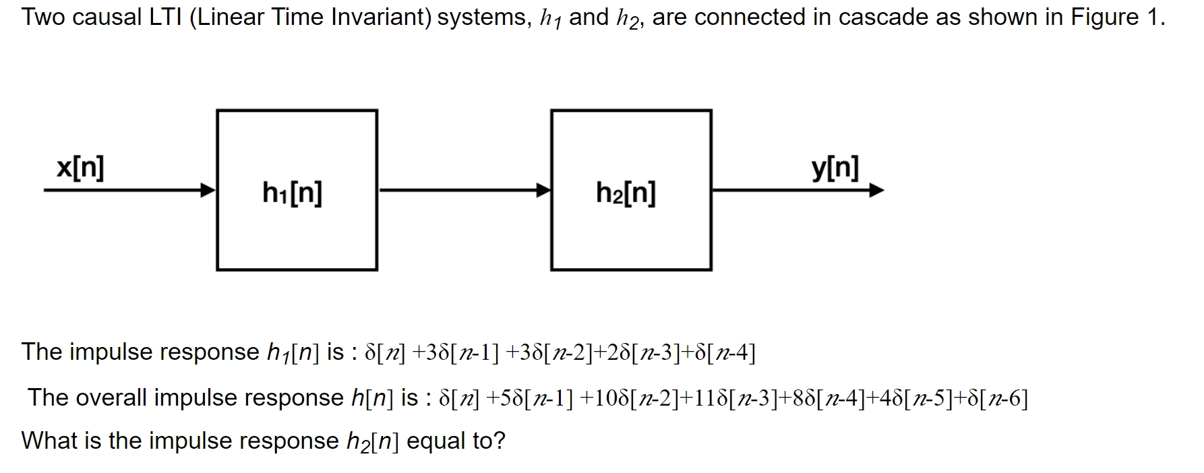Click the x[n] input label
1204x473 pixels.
pos(80,168)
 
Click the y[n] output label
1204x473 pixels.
pos(835,168)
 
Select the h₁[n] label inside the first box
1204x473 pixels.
pos(292,193)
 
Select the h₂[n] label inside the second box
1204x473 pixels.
pos(626,193)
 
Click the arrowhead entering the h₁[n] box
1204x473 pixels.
pos(208,190)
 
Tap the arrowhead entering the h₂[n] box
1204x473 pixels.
pos(543,190)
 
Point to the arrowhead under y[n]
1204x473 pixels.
pos(876,190)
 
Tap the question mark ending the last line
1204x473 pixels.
pos(499,441)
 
